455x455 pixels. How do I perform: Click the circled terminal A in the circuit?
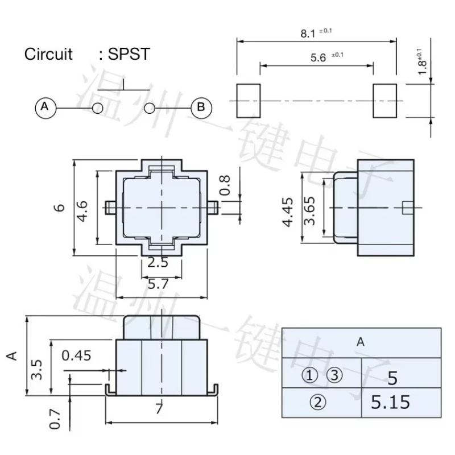click(x=45, y=108)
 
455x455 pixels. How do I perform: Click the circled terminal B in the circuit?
click(x=201, y=108)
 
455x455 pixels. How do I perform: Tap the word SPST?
click(x=129, y=54)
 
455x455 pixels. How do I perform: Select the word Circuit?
click(x=48, y=54)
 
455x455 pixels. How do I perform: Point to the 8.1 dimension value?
click(x=308, y=34)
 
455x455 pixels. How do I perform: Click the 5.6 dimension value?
click(x=318, y=57)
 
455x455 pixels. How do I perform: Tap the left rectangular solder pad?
click(x=249, y=101)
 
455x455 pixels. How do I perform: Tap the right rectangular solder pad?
click(x=385, y=101)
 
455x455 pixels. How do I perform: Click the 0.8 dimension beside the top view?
click(x=225, y=185)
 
